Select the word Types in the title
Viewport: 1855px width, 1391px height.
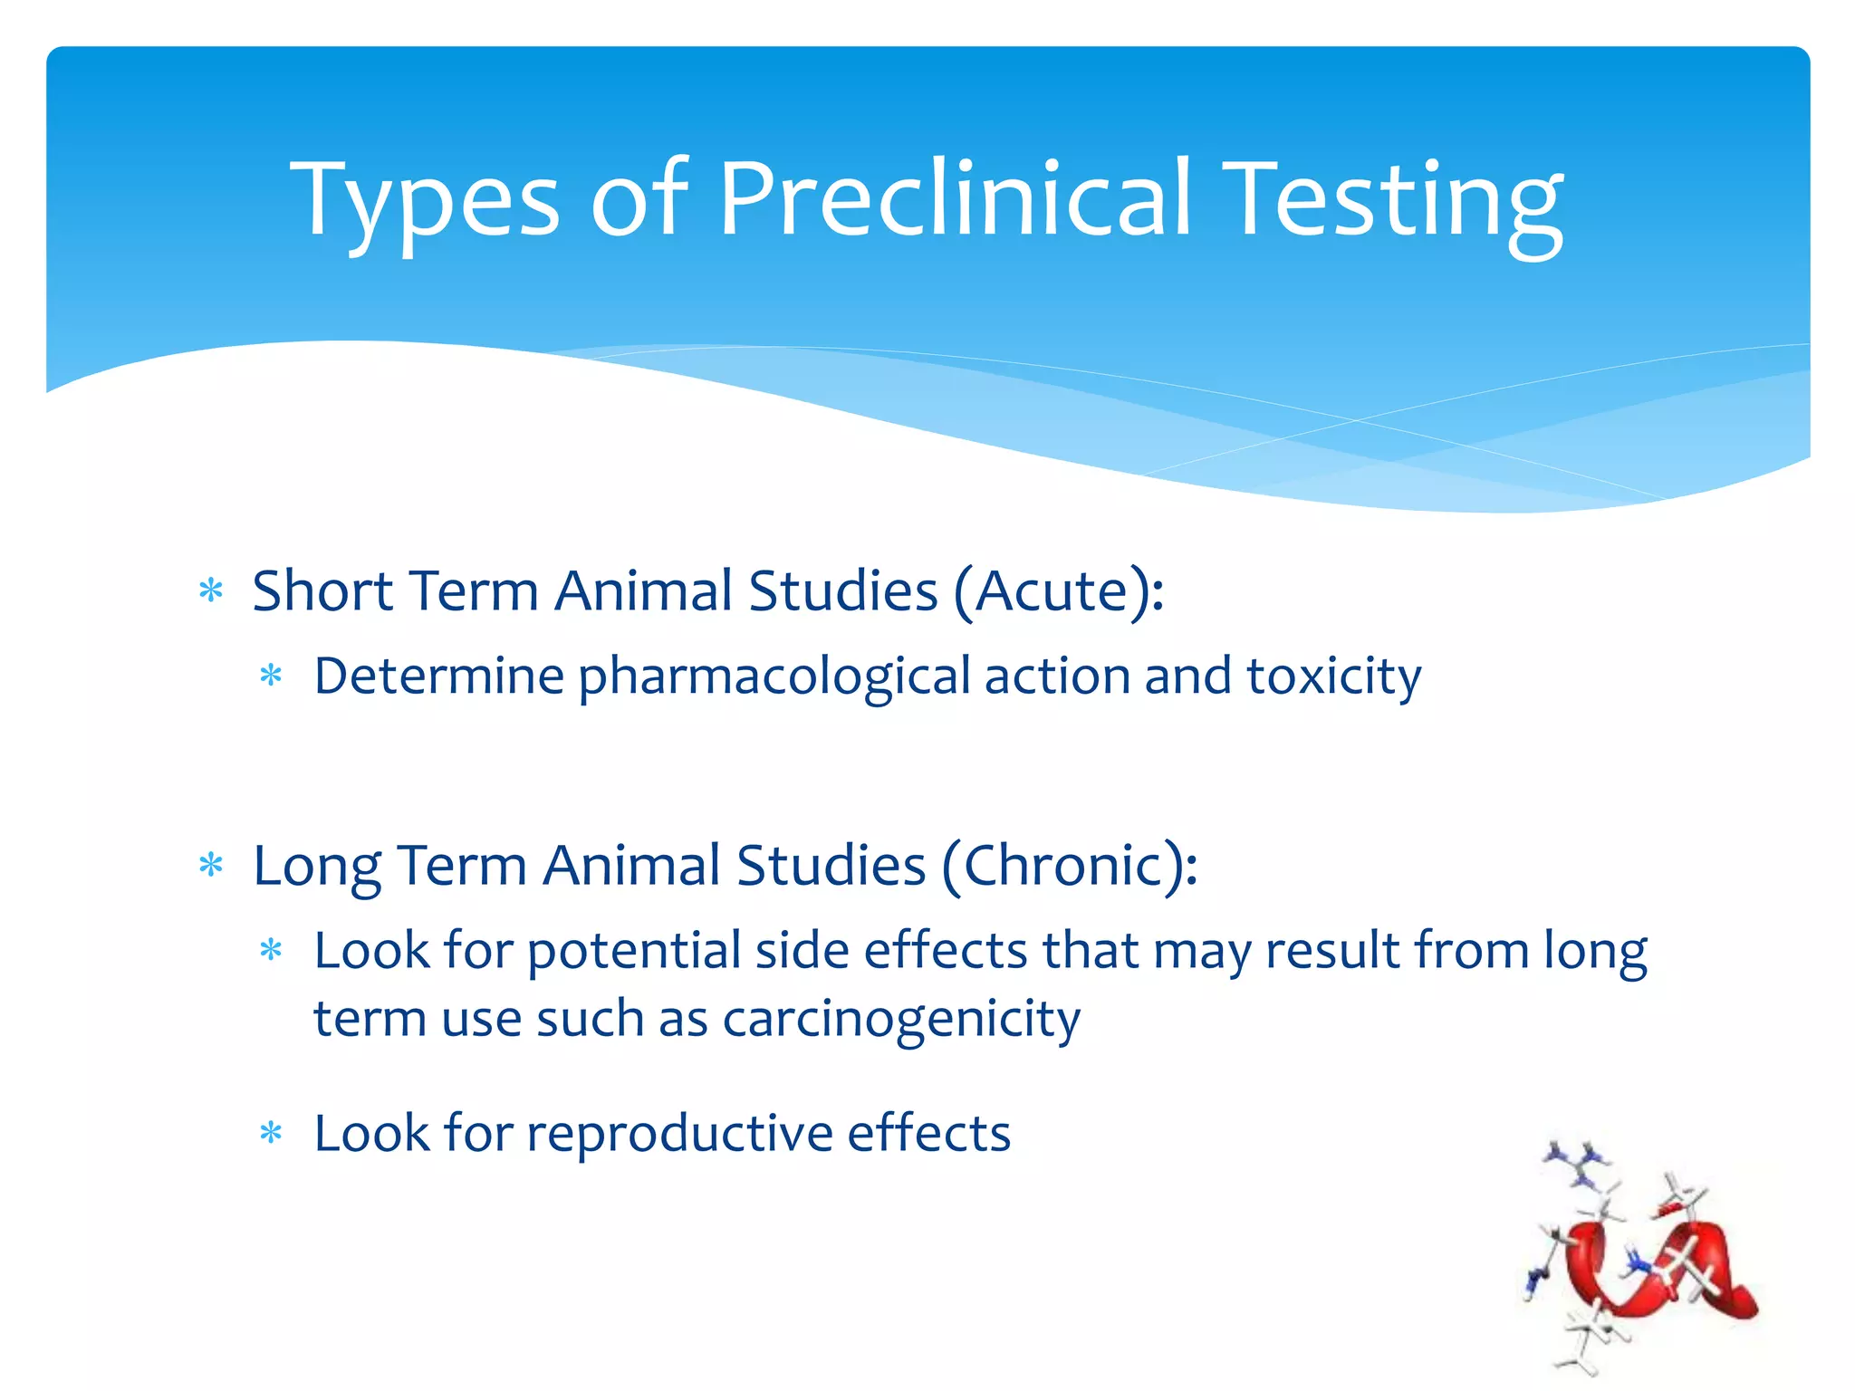click(425, 201)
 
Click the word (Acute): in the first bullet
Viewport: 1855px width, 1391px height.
click(1058, 591)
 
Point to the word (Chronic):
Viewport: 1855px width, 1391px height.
click(1070, 866)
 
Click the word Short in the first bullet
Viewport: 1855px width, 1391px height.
click(322, 591)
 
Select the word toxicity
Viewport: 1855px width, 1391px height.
click(1333, 677)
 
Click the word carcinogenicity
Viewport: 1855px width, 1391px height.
click(901, 1020)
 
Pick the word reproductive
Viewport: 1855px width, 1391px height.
click(679, 1134)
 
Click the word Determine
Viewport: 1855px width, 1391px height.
click(438, 676)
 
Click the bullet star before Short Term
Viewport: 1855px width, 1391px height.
click(211, 591)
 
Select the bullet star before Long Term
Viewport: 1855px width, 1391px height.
click(211, 866)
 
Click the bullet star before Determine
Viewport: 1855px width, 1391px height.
click(271, 676)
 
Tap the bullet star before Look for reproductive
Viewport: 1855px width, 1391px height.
click(271, 1132)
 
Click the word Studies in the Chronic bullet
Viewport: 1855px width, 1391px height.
click(831, 866)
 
